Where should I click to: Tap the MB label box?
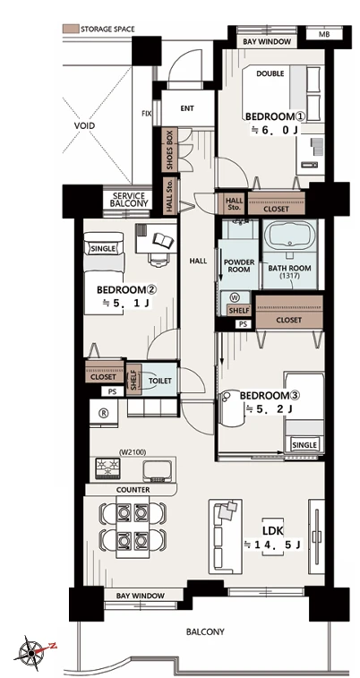tap(324, 34)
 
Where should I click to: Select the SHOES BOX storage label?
tap(170, 150)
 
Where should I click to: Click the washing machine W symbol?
tap(236, 297)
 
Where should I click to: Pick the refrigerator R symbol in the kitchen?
tap(103, 413)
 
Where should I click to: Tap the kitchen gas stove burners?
tap(107, 468)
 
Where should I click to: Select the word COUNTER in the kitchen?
tap(133, 490)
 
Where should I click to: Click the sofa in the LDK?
tap(226, 536)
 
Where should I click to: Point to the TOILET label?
tap(160, 381)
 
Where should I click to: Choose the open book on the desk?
tap(164, 239)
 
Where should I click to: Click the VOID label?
tap(84, 125)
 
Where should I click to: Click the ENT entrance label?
tap(187, 108)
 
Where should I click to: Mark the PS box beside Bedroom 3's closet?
tap(244, 324)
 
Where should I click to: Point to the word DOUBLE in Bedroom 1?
tap(270, 73)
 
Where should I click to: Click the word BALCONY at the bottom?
tap(205, 631)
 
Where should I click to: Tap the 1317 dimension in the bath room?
tap(289, 275)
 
